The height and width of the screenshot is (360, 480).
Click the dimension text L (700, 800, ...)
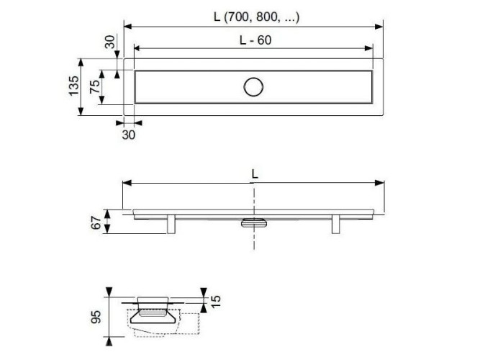click(253, 16)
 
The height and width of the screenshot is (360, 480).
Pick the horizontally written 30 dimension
click(127, 133)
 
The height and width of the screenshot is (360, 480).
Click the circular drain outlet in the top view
click(253, 87)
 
